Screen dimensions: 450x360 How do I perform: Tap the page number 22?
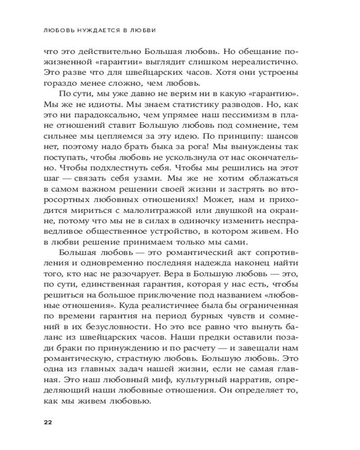[x=48, y=422]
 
